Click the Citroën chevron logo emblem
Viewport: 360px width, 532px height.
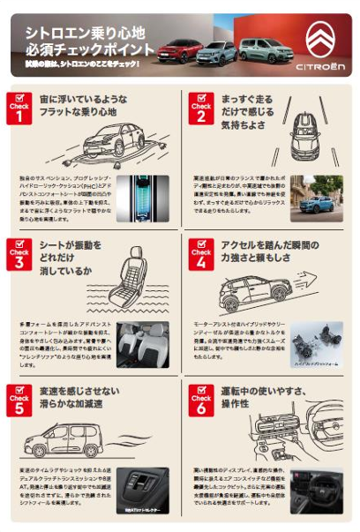click(x=319, y=38)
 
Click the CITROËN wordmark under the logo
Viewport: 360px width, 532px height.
click(x=319, y=66)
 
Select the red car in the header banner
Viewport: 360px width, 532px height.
click(x=180, y=49)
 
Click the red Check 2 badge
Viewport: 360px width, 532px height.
click(x=199, y=108)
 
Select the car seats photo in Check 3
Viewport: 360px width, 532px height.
click(x=143, y=345)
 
